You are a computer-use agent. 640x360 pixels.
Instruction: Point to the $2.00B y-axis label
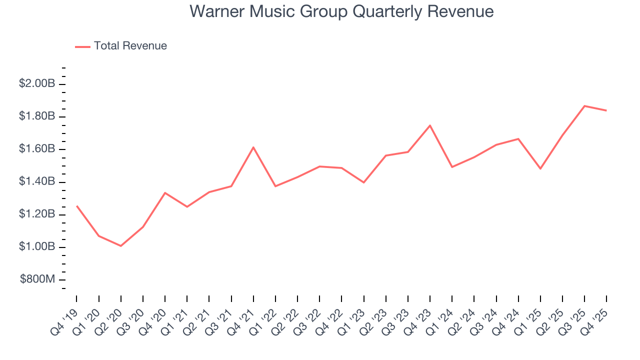click(x=37, y=83)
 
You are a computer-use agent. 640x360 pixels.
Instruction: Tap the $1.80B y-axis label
click(x=37, y=116)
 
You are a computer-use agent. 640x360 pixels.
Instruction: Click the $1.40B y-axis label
click(x=37, y=182)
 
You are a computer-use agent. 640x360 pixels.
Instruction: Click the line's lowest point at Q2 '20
click(x=121, y=246)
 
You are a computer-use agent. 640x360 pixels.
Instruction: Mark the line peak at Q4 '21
click(x=253, y=147)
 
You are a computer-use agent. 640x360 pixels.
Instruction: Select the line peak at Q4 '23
click(x=430, y=125)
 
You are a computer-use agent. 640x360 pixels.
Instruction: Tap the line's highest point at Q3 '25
click(x=584, y=106)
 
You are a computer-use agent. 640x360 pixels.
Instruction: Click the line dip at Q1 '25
click(x=540, y=169)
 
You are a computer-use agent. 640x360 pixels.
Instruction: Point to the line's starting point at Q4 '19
click(x=76, y=206)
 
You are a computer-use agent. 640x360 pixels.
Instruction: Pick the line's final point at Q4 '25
click(x=606, y=110)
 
